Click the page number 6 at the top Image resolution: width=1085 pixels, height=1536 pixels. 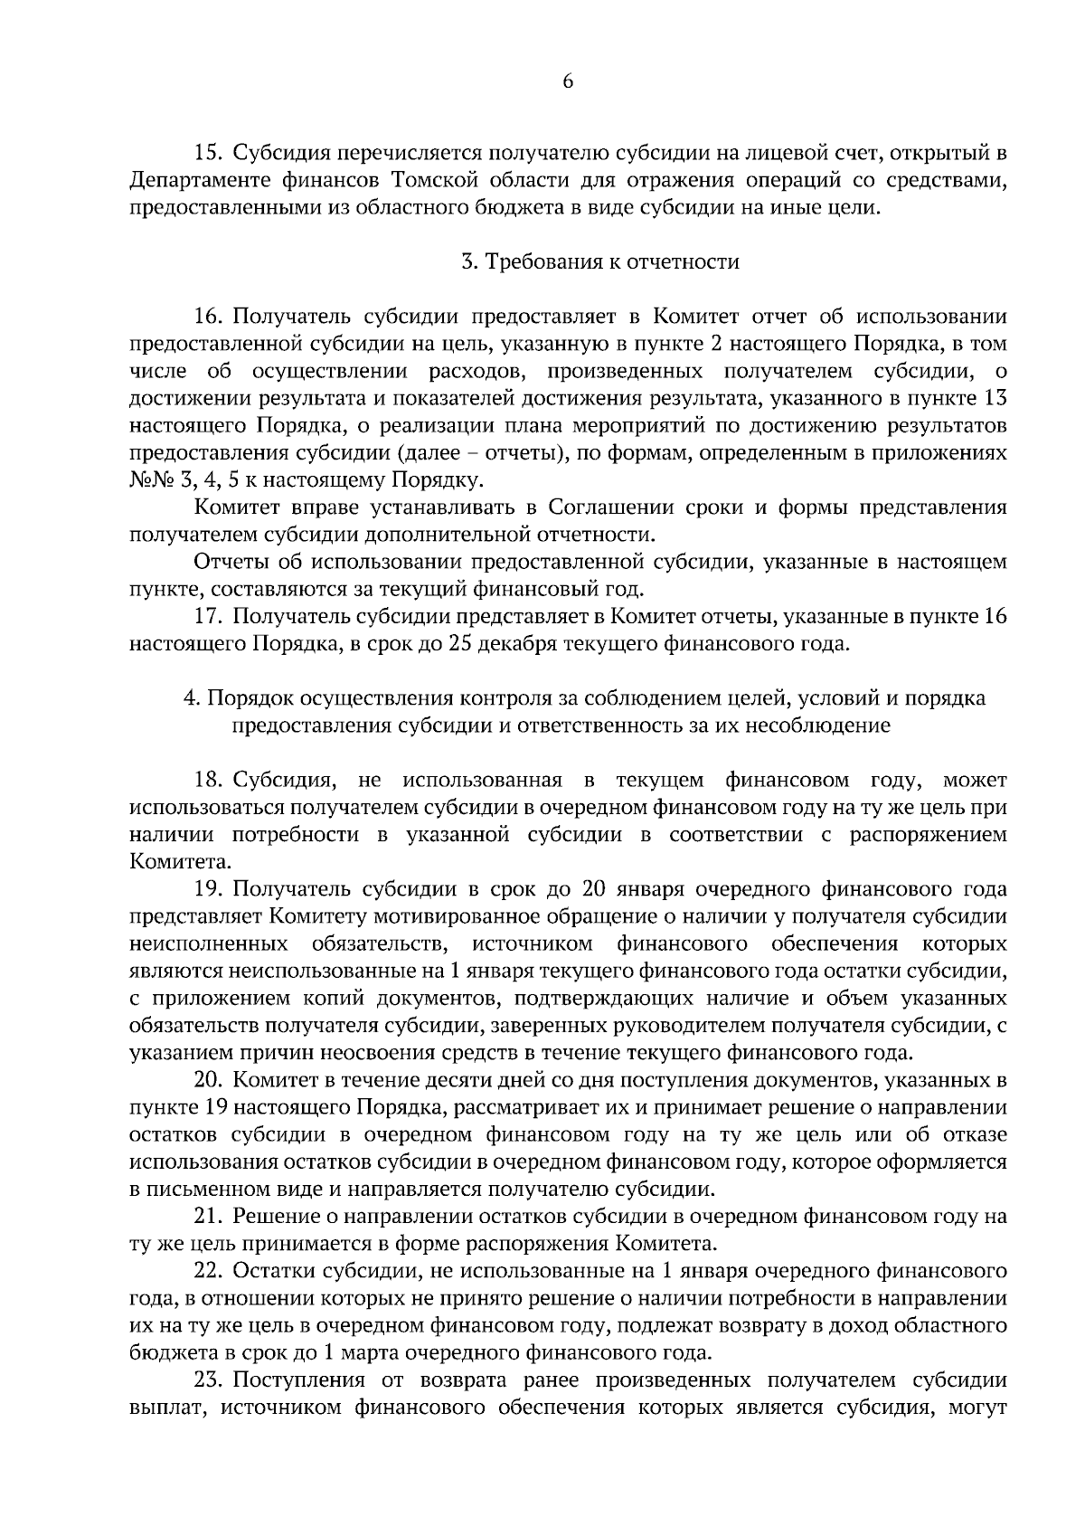click(x=568, y=82)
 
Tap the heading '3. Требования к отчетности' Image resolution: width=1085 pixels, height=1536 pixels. click(x=600, y=262)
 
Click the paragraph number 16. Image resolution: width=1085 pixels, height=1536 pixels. click(x=209, y=317)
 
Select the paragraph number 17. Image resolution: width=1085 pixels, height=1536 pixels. click(x=209, y=617)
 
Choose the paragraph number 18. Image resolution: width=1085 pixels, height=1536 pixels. click(x=209, y=780)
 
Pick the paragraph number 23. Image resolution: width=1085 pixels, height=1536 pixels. click(x=209, y=1380)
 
